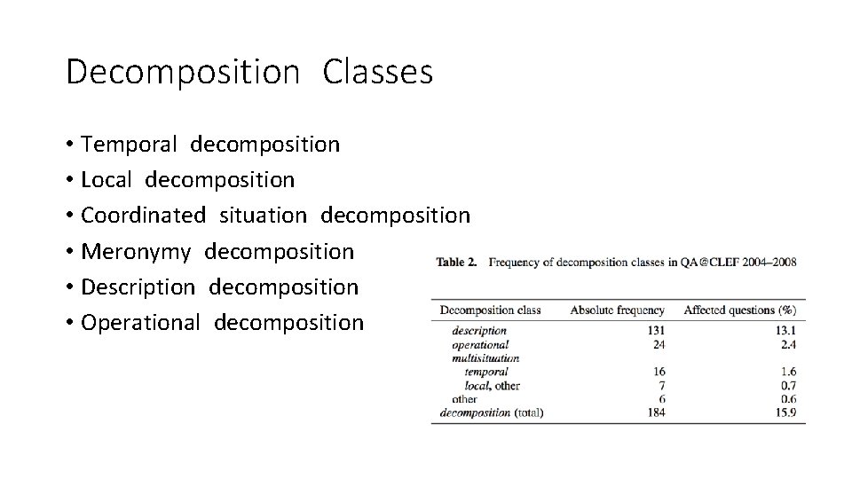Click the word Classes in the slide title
coord(378,72)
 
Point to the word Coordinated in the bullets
coord(143,216)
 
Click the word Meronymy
coord(135,252)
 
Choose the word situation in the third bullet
coord(263,216)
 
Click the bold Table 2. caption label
coord(457,263)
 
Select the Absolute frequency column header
coord(617,310)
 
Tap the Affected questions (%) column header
coord(739,310)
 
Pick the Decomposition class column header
coord(490,310)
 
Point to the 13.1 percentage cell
coord(785,330)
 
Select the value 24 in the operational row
coord(659,344)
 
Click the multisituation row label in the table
coord(485,357)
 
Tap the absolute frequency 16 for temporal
coord(659,372)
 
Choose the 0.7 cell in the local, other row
coord(787,385)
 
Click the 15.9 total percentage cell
coord(785,412)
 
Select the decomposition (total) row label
coord(492,412)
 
